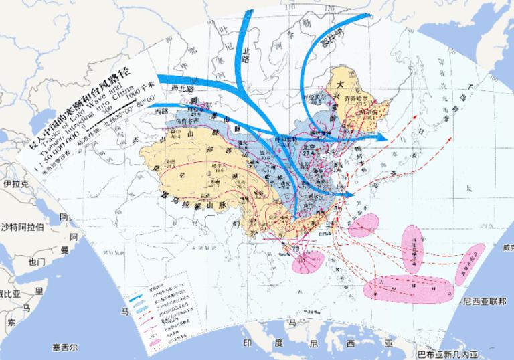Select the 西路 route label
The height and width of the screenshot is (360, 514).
tap(161, 112)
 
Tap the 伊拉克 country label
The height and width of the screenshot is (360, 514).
tap(15, 183)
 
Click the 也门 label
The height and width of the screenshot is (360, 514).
tap(31, 261)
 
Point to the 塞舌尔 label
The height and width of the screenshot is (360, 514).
tap(66, 347)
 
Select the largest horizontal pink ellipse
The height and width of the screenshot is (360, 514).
tap(408, 287)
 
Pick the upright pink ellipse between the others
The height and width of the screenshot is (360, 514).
tap(412, 249)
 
